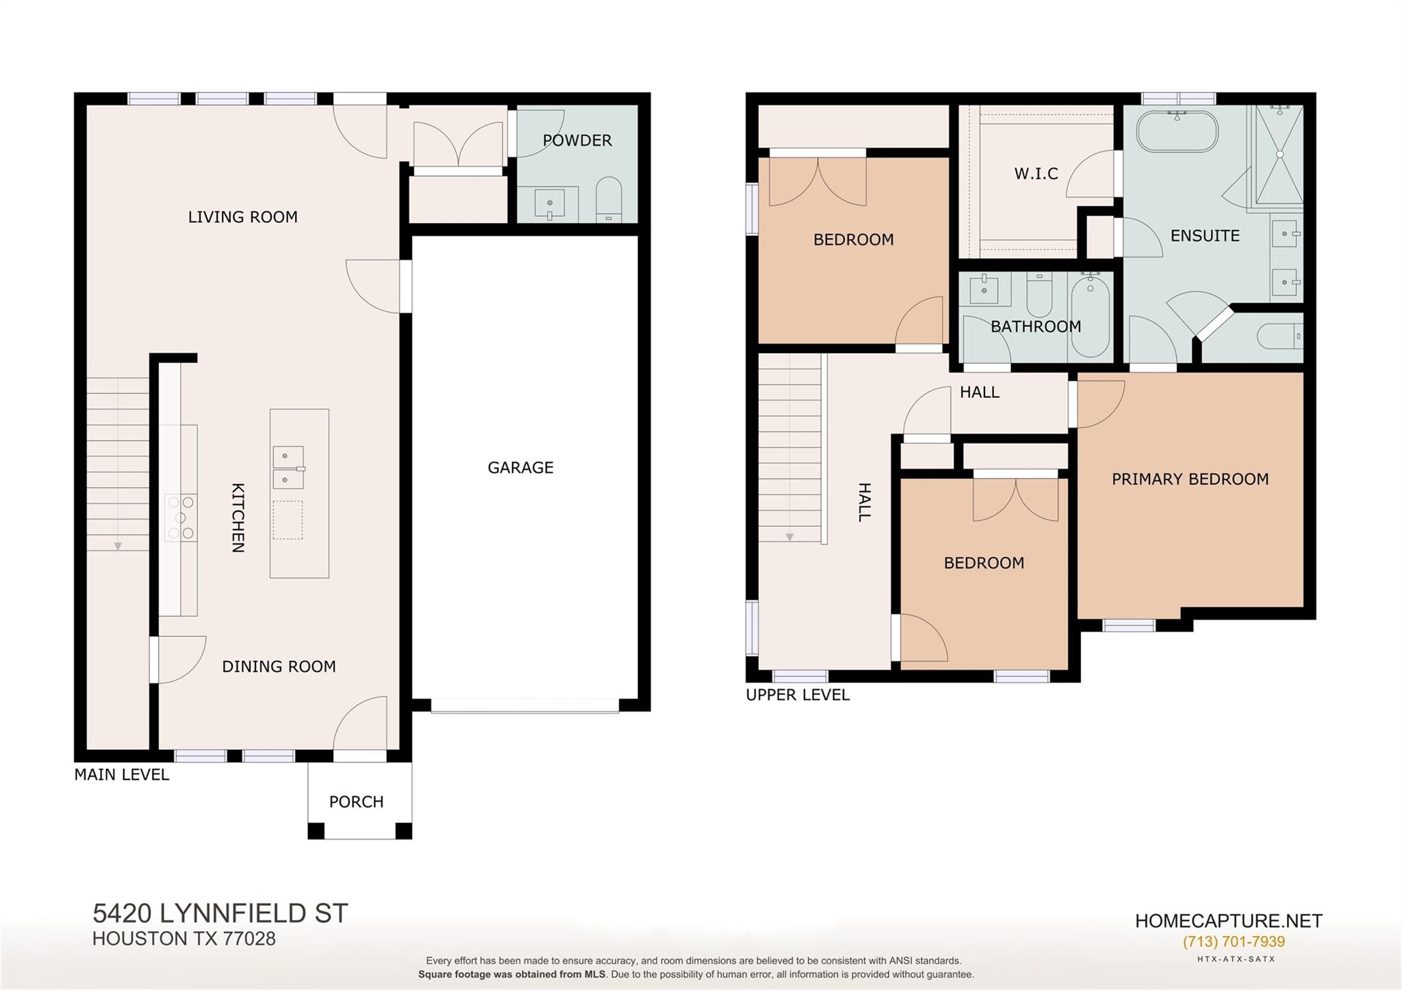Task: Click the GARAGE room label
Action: click(x=520, y=467)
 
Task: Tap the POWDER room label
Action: click(x=577, y=140)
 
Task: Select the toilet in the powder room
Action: click(x=609, y=199)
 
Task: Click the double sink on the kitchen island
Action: click(x=288, y=467)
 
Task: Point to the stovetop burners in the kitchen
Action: click(x=181, y=518)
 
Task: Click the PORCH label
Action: click(x=356, y=801)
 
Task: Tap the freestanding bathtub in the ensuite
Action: click(x=1177, y=131)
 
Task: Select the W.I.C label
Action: click(x=1036, y=174)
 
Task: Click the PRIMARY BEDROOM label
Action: click(x=1190, y=479)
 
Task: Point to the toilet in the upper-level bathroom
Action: click(x=1039, y=294)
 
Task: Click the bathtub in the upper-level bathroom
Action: click(x=1090, y=314)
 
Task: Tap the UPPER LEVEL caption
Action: click(x=798, y=694)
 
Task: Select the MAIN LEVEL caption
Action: click(x=121, y=774)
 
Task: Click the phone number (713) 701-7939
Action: click(x=1234, y=941)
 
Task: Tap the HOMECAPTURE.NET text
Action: click(x=1228, y=921)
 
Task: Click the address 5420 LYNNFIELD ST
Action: click(x=220, y=913)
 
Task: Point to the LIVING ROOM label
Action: click(x=243, y=217)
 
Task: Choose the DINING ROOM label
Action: click(x=279, y=666)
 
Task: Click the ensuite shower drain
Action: click(x=1279, y=155)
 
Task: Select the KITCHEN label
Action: click(x=238, y=517)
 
